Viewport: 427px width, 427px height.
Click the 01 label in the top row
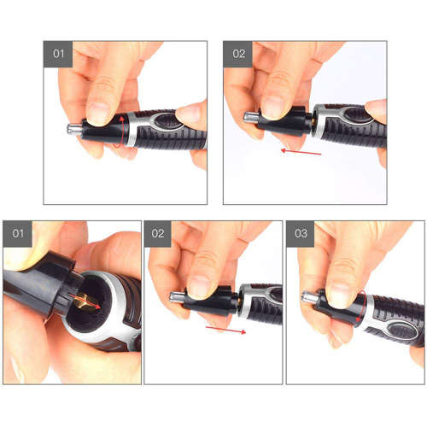coord(58,53)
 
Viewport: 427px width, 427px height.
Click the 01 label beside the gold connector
coord(17,232)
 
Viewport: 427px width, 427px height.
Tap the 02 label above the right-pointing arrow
coord(158,232)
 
